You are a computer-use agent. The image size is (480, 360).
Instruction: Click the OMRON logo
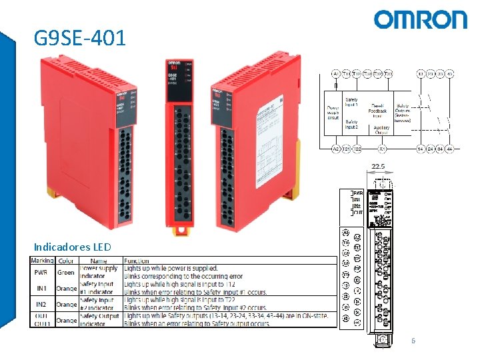(420, 20)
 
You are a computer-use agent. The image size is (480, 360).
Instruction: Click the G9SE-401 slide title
(79, 38)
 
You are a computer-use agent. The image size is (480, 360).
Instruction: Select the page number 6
(413, 341)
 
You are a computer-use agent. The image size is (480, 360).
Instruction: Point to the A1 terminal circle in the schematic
(335, 73)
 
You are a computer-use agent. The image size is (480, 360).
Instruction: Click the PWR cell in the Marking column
(41, 272)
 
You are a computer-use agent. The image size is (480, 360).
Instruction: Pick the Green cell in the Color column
(66, 272)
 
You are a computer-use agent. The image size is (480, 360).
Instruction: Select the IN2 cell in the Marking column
(41, 304)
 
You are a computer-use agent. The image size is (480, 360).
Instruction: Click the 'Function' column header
(136, 261)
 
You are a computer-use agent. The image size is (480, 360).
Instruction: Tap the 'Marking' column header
(42, 261)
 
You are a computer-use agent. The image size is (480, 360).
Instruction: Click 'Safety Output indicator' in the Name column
(97, 320)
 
